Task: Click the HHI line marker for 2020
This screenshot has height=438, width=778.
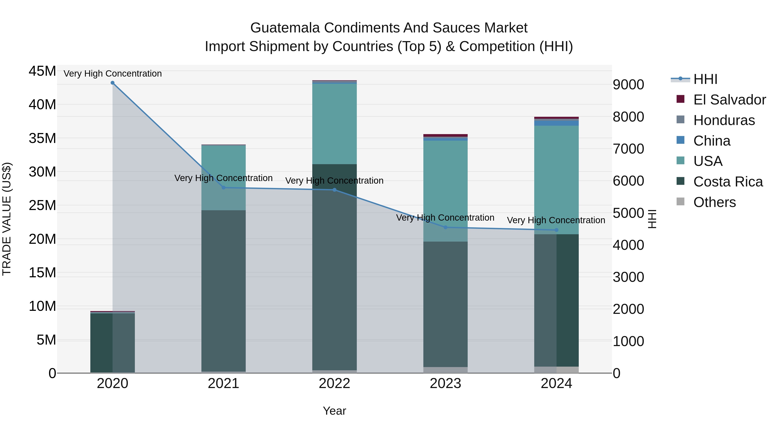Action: tap(112, 83)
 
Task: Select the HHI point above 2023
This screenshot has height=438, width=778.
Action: tap(445, 227)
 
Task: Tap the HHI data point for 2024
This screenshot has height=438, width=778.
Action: tap(556, 230)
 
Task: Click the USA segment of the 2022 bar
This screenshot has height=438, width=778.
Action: tap(334, 124)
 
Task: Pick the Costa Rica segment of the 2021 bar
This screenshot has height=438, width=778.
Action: tap(223, 290)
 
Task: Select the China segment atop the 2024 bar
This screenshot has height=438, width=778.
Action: tap(556, 123)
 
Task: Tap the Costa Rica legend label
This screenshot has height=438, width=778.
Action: tap(728, 182)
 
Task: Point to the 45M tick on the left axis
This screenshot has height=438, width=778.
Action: tap(42, 71)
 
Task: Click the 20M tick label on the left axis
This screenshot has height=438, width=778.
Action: tap(42, 239)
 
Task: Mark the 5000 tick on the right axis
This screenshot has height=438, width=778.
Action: tap(628, 213)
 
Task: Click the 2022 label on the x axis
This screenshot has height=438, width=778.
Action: tap(334, 383)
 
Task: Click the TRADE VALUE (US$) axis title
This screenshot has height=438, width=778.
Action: tap(7, 219)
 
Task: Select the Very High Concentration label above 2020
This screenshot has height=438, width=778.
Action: tap(113, 74)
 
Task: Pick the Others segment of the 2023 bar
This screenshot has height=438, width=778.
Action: tap(445, 370)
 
